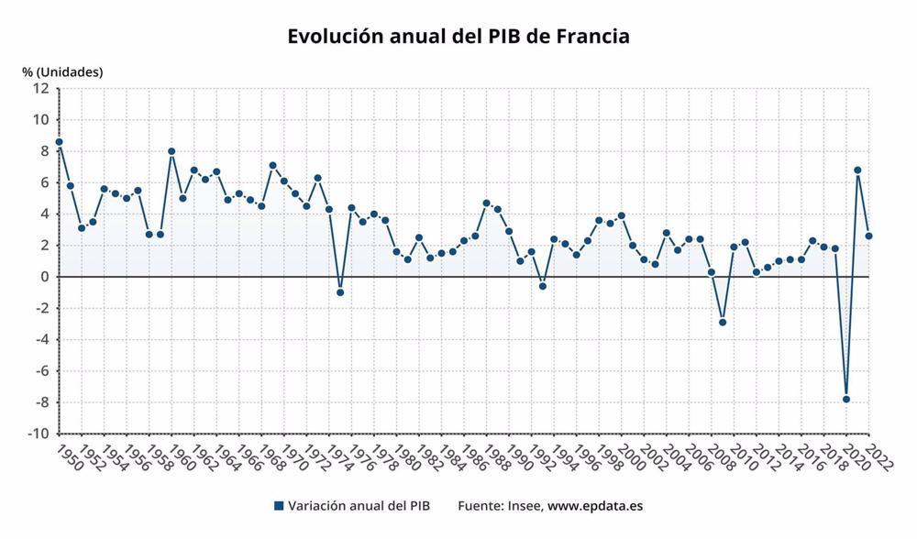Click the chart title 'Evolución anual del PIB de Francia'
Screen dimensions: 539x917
coord(458,38)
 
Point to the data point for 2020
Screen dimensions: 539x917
coord(846,399)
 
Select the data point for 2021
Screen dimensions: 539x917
coord(857,170)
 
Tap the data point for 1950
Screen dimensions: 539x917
coord(59,142)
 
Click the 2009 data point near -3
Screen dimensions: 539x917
coord(723,322)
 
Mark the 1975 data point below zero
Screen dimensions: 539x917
coord(340,292)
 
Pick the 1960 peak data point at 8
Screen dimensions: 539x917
coord(171,151)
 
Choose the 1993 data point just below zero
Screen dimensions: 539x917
coord(543,286)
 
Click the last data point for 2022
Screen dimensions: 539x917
coord(868,236)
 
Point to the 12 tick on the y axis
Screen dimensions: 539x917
coord(40,89)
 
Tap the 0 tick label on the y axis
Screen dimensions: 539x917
coord(44,277)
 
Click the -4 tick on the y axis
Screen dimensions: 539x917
coord(41,339)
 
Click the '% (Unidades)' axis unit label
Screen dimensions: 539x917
coord(63,71)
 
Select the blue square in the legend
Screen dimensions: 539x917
coord(279,505)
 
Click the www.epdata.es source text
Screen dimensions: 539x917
coord(595,505)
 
